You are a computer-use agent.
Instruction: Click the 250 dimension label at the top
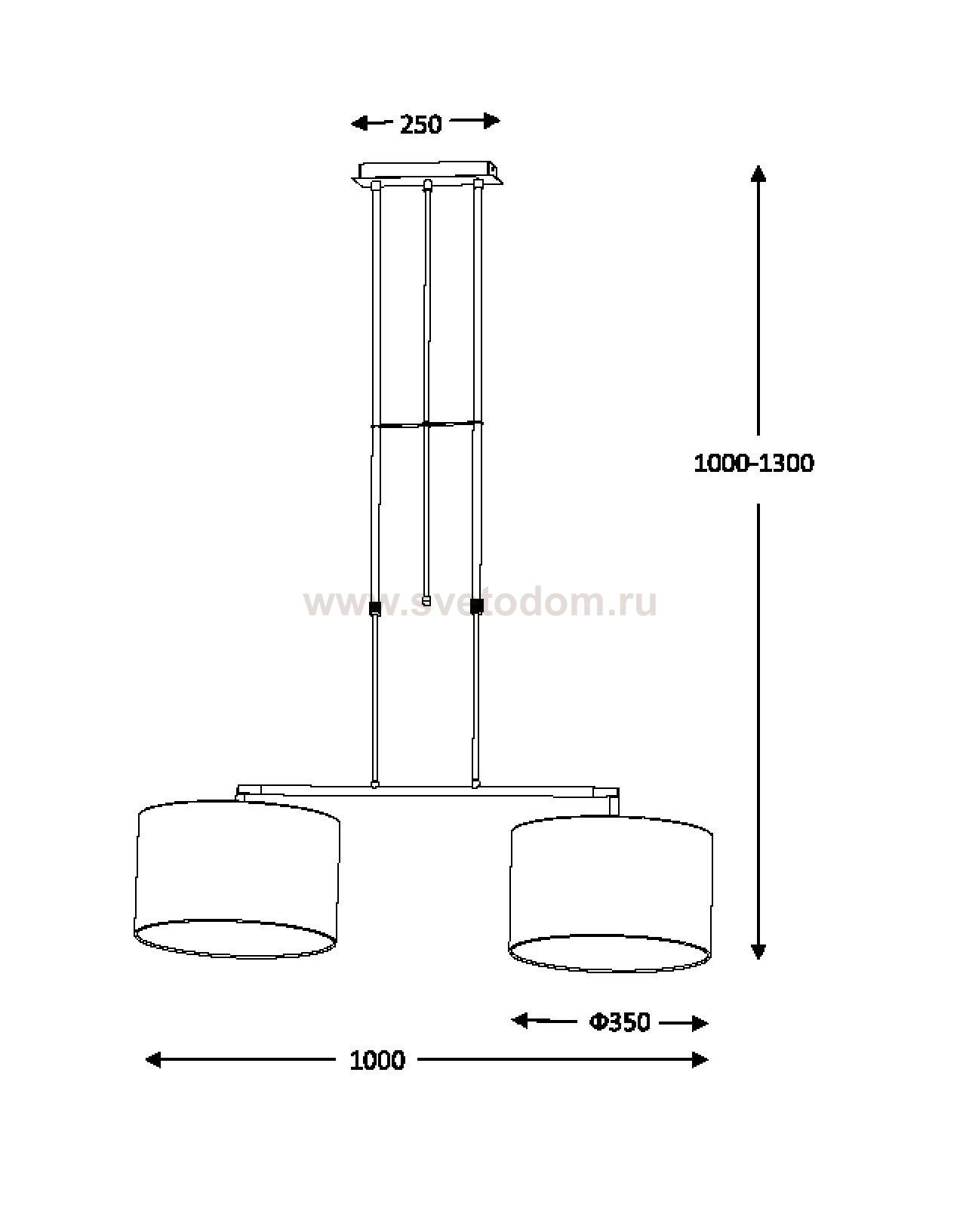(x=420, y=124)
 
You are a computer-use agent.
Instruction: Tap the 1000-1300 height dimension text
(x=753, y=464)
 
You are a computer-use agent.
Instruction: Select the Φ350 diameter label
(x=619, y=1022)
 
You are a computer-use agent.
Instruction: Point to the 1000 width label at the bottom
(x=377, y=1060)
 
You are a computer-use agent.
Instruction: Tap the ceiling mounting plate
(x=427, y=173)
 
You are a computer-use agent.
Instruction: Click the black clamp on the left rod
(x=374, y=608)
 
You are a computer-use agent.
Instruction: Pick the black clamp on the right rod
(x=476, y=606)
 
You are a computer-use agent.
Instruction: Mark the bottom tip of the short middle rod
(x=426, y=605)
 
